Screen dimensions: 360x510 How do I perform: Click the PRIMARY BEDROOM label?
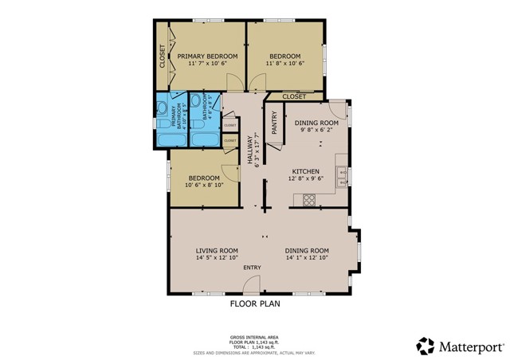pyautogui.click(x=202, y=56)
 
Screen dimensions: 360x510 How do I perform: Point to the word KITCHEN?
pyautogui.click(x=305, y=171)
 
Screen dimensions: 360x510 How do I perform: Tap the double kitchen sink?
pyautogui.click(x=342, y=177)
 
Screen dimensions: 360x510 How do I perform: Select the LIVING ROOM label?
pyautogui.click(x=218, y=250)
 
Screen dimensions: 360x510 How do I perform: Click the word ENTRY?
pyautogui.click(x=251, y=268)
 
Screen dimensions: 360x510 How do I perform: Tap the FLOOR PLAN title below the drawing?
pyautogui.click(x=255, y=303)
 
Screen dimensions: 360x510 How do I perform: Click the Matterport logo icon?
pyautogui.click(x=425, y=346)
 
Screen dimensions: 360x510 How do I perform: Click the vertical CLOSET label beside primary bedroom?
pyautogui.click(x=163, y=53)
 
